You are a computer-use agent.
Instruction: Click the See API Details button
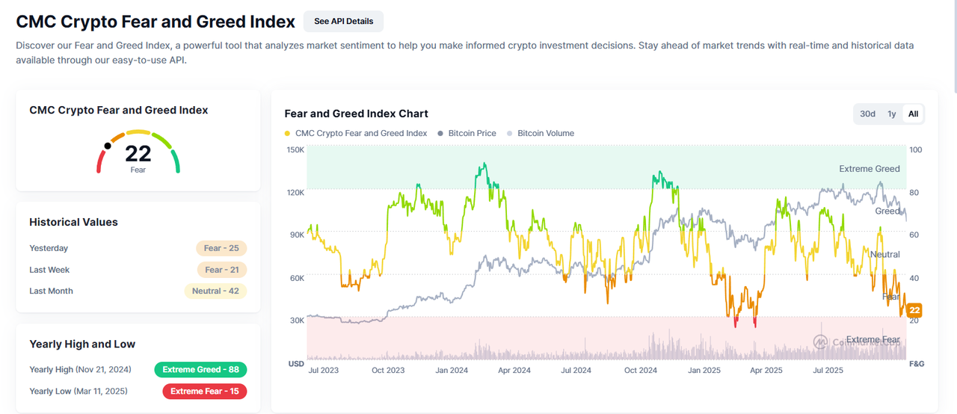pos(343,22)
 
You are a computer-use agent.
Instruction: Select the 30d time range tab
pos(867,114)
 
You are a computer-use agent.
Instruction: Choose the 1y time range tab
pos(891,114)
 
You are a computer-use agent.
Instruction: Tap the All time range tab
pos(913,114)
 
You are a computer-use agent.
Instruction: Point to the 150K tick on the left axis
pos(295,149)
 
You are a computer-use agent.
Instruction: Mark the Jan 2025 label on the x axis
pos(704,370)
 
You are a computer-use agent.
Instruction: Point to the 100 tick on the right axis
pos(916,149)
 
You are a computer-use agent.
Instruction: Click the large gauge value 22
pos(138,153)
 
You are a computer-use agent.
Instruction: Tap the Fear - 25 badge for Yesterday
pos(221,248)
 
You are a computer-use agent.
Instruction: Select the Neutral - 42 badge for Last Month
pos(215,291)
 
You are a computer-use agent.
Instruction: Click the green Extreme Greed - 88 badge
pos(200,369)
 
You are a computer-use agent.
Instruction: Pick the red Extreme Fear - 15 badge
pos(204,391)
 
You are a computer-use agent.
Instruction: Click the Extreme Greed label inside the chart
pos(869,169)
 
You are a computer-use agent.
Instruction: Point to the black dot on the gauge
pos(108,146)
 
